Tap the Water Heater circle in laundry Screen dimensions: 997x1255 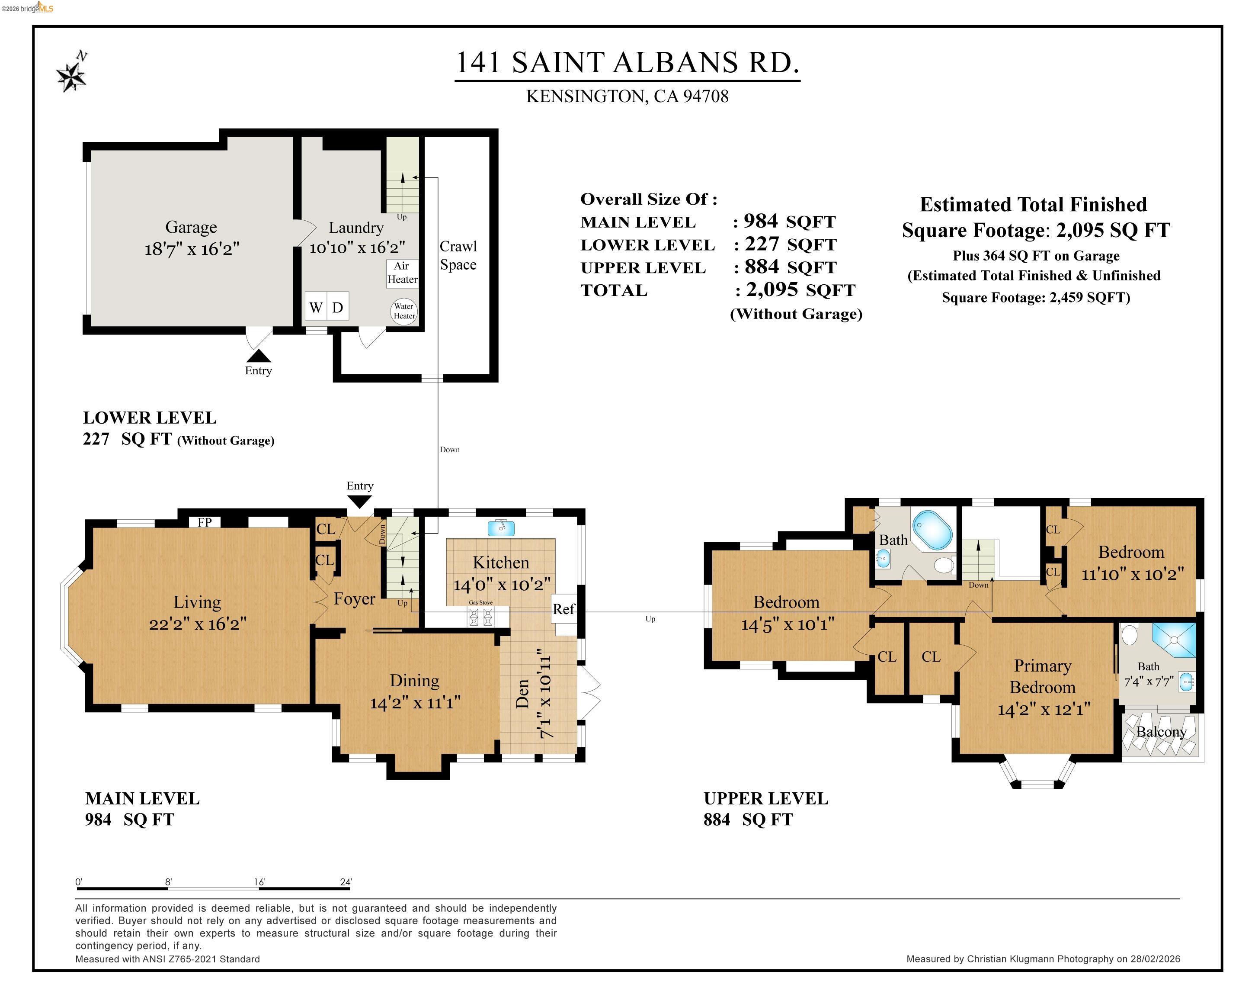[x=403, y=311]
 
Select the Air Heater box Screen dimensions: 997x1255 [x=402, y=273]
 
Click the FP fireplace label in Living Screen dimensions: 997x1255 [x=204, y=522]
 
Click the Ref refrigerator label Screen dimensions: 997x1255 [x=563, y=609]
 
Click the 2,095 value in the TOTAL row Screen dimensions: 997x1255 [x=772, y=289]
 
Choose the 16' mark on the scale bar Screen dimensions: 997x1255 [x=259, y=882]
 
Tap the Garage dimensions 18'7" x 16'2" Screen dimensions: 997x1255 [x=192, y=249]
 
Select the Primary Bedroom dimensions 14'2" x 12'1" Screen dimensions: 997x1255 [x=1043, y=709]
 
